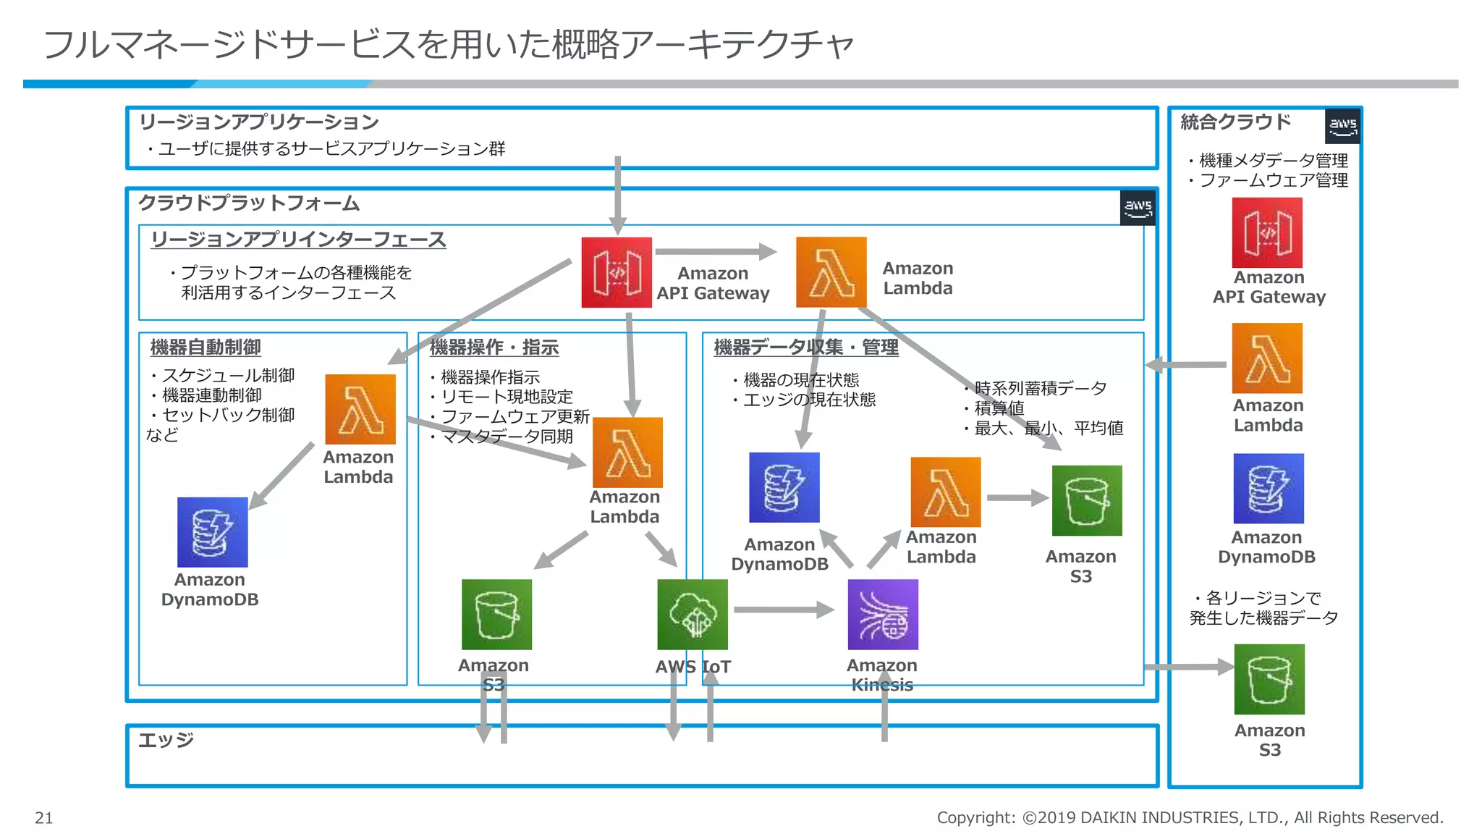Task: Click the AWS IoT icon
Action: click(692, 614)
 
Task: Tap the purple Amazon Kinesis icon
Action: click(883, 614)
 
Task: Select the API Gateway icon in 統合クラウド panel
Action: click(1267, 232)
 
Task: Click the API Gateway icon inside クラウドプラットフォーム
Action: click(617, 272)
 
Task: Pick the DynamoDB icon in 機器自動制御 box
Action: click(212, 532)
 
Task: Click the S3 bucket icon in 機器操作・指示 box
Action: click(496, 614)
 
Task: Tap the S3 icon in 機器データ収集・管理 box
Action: click(1086, 500)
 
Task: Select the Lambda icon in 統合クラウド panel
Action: click(1267, 358)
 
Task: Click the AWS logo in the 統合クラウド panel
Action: click(1342, 126)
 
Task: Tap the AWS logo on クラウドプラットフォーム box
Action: click(1138, 208)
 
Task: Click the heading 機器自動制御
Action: click(206, 347)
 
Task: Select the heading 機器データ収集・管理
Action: click(805, 347)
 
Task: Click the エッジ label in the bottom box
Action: click(166, 740)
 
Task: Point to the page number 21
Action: click(43, 818)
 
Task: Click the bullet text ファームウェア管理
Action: click(1273, 180)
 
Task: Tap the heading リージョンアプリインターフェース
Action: click(298, 240)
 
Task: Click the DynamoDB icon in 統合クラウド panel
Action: click(1268, 489)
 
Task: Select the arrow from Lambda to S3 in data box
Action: click(1017, 497)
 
